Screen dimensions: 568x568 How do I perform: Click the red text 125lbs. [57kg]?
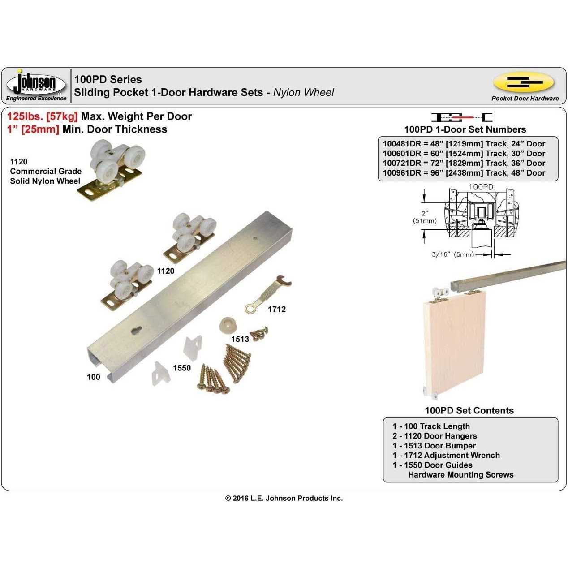(42, 116)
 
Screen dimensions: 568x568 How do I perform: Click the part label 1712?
(276, 309)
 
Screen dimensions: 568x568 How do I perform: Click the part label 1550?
(182, 368)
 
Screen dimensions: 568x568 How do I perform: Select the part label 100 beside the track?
(94, 377)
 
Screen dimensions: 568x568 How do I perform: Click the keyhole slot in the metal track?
(136, 331)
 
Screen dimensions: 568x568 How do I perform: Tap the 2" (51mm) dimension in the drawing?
(425, 217)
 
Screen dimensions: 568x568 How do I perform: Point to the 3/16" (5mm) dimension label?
(453, 254)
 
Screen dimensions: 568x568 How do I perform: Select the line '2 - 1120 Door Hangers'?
(435, 436)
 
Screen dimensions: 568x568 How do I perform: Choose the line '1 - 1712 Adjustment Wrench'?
(446, 456)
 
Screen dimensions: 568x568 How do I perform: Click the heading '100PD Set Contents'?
(469, 411)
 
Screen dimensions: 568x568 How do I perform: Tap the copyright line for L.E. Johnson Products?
(284, 499)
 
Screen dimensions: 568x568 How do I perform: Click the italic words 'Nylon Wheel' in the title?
(304, 93)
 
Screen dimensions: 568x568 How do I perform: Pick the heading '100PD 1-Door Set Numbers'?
(465, 129)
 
